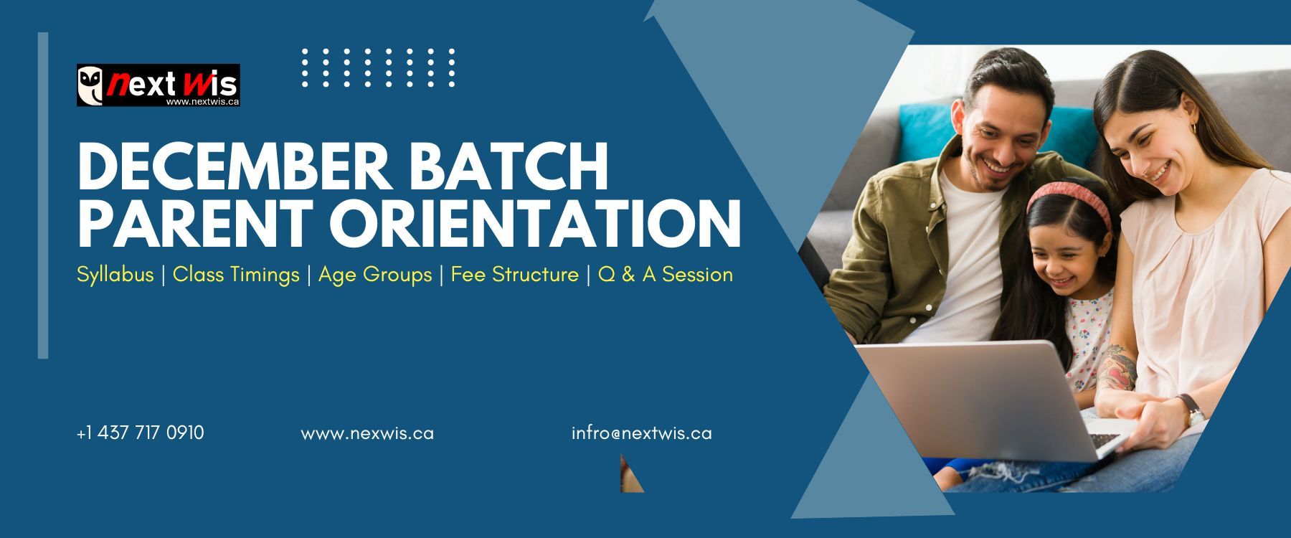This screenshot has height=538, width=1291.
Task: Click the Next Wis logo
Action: pyautogui.click(x=159, y=85)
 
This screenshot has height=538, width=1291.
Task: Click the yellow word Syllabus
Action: pyautogui.click(x=115, y=275)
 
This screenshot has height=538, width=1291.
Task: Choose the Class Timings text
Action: pyautogui.click(x=236, y=275)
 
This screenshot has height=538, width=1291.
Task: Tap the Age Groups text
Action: pyautogui.click(x=375, y=275)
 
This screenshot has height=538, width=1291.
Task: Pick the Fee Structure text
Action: pyautogui.click(x=514, y=274)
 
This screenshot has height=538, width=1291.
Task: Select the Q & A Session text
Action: pyautogui.click(x=665, y=274)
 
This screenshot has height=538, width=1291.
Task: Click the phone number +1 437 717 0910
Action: pyautogui.click(x=140, y=433)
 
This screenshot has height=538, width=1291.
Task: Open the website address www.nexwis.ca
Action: pyautogui.click(x=367, y=434)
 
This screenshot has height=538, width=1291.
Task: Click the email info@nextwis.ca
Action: pyautogui.click(x=642, y=433)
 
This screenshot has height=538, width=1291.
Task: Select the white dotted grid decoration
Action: pyautogui.click(x=379, y=68)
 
